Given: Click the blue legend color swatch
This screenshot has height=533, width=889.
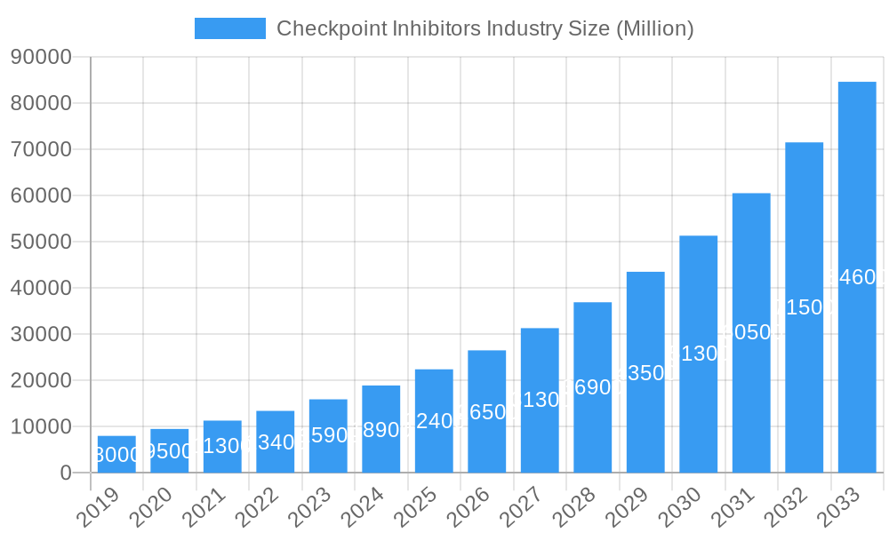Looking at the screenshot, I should pos(230,28).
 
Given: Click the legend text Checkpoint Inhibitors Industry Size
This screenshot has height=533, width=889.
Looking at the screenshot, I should pos(485,28).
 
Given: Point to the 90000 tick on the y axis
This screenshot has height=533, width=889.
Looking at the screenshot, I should pos(41,57).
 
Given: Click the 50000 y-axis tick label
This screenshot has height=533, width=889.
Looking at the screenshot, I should pos(41,242).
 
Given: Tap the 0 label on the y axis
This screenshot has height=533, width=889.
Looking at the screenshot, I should pos(66,473).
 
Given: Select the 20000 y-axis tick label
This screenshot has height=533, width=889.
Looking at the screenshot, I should pos(41,380).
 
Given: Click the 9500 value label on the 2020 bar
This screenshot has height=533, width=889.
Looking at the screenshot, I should pos(169,451).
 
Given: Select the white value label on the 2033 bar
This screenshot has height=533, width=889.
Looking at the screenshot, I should pos(857,277).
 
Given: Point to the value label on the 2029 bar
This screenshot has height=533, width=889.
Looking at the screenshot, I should pos(645,373).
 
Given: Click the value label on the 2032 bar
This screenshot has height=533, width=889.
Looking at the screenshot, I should pos(804,307).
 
